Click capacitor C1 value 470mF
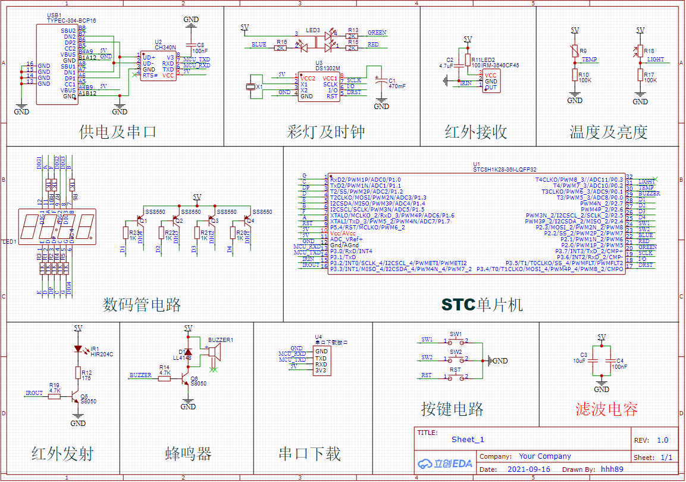pyautogui.click(x=397, y=86)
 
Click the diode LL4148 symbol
pyautogui.click(x=189, y=352)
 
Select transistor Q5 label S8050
pyautogui.click(x=88, y=402)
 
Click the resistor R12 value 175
pyautogui.click(x=86, y=378)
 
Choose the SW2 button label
pyautogui.click(x=456, y=352)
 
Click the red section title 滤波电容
pyautogui.click(x=606, y=409)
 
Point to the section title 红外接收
pyautogui.click(x=475, y=132)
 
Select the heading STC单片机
pyautogui.click(x=482, y=305)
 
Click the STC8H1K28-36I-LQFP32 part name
pyautogui.click(x=505, y=169)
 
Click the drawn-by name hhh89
pyautogui.click(x=612, y=469)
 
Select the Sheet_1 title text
pyautogui.click(x=468, y=440)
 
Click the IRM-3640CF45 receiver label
pyautogui.click(x=500, y=66)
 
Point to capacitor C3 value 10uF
pyautogui.click(x=580, y=361)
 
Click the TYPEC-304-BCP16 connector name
pyautogui.click(x=71, y=20)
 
